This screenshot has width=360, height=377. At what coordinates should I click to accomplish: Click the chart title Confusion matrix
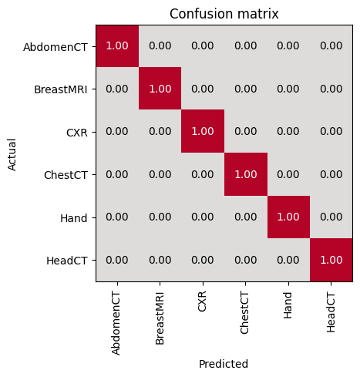click(x=224, y=14)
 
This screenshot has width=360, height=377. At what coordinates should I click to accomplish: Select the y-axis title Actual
click(x=12, y=155)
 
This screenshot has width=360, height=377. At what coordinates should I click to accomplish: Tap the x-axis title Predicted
click(x=224, y=364)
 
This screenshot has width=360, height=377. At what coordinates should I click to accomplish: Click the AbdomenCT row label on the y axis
click(x=56, y=47)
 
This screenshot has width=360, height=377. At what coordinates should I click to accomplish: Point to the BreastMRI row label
click(x=61, y=89)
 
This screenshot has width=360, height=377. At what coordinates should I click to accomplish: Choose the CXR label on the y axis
click(x=77, y=133)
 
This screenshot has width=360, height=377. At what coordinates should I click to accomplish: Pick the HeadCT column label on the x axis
click(x=331, y=313)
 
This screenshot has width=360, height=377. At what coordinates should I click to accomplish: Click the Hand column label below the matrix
click(x=288, y=305)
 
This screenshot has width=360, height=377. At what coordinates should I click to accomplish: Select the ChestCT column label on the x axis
click(x=244, y=313)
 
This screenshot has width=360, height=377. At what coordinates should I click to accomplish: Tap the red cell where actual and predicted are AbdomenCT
click(x=117, y=46)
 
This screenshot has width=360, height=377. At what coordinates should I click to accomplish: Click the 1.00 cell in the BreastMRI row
click(x=160, y=89)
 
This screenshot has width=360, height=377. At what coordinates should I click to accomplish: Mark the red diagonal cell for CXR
click(x=203, y=131)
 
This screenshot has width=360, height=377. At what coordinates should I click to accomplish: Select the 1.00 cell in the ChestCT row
click(x=246, y=174)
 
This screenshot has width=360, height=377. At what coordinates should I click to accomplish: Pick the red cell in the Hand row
click(x=288, y=217)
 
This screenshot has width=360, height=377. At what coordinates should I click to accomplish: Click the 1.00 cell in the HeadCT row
click(x=331, y=260)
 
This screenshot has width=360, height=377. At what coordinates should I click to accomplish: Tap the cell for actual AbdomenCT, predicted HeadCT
click(x=331, y=46)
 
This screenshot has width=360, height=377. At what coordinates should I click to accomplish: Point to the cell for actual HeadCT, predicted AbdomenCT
click(x=117, y=260)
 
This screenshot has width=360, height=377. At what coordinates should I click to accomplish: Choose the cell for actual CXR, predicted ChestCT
click(x=246, y=131)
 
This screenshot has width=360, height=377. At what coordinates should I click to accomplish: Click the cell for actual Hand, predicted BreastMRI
click(x=160, y=217)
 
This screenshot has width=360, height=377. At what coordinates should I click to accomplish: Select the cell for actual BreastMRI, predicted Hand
click(x=288, y=89)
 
